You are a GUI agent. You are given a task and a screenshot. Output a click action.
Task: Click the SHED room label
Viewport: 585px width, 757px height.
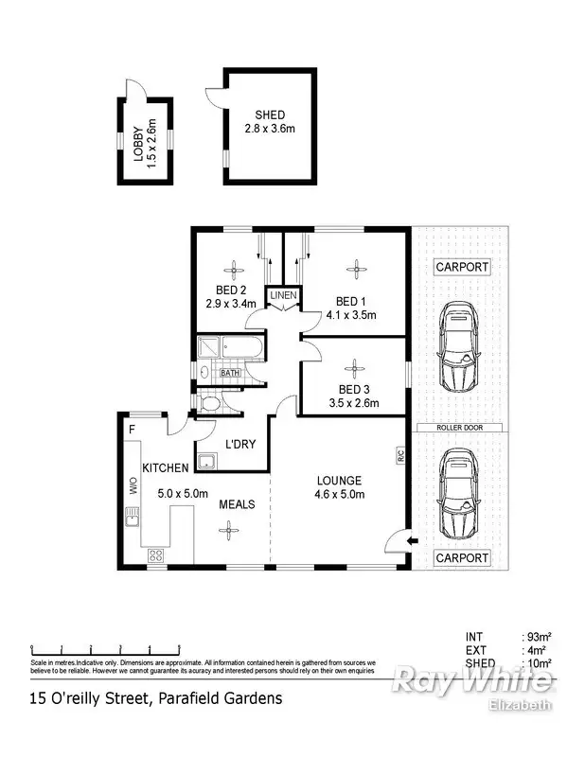pos(270,115)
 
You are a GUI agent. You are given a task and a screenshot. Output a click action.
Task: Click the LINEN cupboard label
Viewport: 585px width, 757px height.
pos(283,296)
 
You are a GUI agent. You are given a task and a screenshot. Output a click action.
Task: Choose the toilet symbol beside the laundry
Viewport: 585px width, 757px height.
pos(211,404)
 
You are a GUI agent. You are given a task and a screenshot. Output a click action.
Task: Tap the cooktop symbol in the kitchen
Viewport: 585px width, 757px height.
pos(153,556)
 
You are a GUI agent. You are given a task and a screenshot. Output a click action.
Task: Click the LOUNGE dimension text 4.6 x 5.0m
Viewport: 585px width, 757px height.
pos(339,493)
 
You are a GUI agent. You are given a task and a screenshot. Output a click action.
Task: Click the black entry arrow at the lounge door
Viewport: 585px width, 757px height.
pos(411,541)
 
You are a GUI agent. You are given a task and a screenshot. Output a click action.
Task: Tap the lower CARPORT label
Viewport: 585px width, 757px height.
pos(462,558)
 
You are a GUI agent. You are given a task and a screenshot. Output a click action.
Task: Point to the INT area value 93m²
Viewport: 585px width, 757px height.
pos(539,637)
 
